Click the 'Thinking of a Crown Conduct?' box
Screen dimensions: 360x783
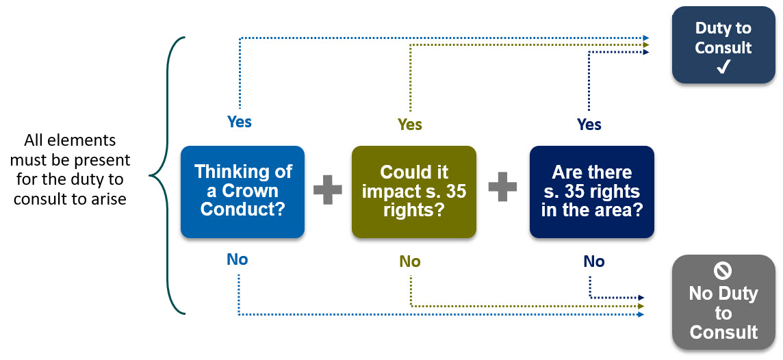tap(242, 192)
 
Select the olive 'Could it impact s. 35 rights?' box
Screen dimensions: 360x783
tap(413, 192)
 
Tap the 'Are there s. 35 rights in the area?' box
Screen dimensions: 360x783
tap(591, 192)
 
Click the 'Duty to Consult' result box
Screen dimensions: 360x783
tap(723, 45)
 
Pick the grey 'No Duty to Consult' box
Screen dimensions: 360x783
tap(723, 302)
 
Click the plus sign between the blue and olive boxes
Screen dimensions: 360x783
tap(328, 190)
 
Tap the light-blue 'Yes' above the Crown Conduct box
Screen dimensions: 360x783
tap(240, 122)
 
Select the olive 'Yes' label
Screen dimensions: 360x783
tap(410, 125)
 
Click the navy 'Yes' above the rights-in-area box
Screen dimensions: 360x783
tap(589, 125)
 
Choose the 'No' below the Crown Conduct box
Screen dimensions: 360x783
tap(238, 259)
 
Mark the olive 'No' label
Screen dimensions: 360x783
tap(410, 261)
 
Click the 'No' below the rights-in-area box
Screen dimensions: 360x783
tap(593, 261)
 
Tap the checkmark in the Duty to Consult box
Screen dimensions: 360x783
tap(723, 67)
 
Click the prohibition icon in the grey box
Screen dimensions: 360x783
tap(723, 271)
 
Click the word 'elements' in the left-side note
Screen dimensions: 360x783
tap(88, 141)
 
